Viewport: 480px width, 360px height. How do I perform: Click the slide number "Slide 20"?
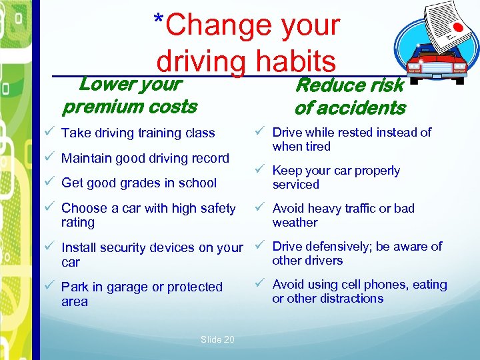point(217,339)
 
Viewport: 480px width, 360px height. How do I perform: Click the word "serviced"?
point(295,185)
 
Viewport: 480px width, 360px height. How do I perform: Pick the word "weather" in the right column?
point(295,223)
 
